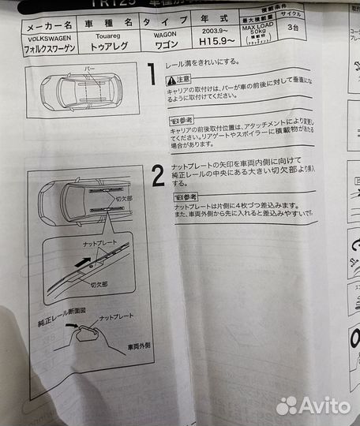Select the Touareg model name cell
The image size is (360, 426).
click(x=108, y=35)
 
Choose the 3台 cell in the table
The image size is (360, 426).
click(x=294, y=27)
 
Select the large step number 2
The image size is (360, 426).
click(x=158, y=177)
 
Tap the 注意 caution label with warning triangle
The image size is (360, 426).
click(x=180, y=80)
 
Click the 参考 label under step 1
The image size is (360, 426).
click(x=183, y=121)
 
